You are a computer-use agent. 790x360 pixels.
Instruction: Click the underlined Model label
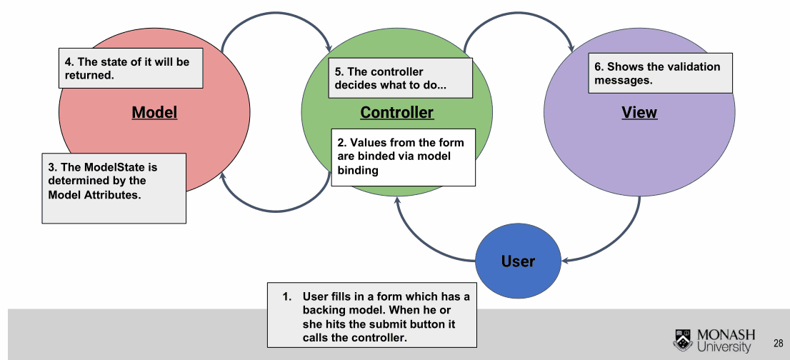click(x=155, y=111)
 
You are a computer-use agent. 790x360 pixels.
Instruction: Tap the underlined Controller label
click(x=397, y=111)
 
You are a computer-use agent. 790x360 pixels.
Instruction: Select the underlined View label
click(x=639, y=111)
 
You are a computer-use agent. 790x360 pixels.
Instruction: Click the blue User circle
click(x=518, y=261)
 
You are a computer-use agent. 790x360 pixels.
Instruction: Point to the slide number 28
click(x=779, y=344)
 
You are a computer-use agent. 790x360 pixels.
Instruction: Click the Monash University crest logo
click(x=683, y=340)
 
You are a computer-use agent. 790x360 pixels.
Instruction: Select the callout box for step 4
click(x=131, y=68)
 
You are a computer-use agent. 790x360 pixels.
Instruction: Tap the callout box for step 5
click(x=401, y=78)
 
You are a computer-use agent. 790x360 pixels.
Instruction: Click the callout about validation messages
click(x=661, y=73)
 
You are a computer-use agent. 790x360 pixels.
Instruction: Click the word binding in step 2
click(x=358, y=171)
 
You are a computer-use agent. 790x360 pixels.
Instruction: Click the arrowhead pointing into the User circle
click(x=566, y=260)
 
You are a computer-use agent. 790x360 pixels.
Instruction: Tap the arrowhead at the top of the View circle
click(x=571, y=47)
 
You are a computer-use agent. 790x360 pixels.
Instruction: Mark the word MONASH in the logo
click(x=726, y=335)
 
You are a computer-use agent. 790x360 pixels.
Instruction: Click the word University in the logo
click(x=724, y=347)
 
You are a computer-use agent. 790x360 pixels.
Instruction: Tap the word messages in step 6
click(x=624, y=80)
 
